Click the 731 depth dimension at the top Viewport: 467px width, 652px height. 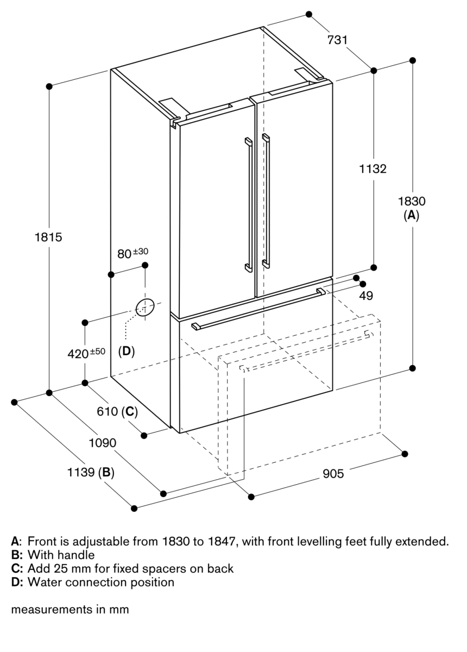337,40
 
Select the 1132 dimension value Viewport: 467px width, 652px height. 373,169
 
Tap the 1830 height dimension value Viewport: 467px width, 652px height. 412,201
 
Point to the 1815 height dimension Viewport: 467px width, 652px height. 49,237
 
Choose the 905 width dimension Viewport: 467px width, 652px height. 333,474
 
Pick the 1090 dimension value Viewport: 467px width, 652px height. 103,443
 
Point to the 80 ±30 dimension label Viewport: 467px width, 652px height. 132,253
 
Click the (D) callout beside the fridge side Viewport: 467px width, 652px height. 126,351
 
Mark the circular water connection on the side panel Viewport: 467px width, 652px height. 144,308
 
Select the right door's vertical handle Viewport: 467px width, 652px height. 266,201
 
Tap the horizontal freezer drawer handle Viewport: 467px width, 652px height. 258,309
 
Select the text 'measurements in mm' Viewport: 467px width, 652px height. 70,610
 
